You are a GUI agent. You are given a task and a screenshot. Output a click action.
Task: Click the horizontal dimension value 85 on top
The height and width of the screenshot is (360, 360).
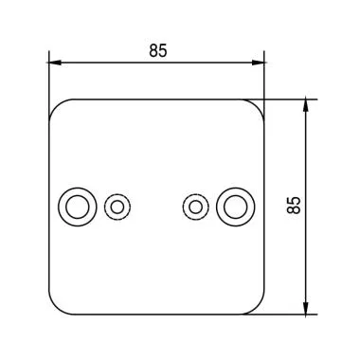(x=157, y=51)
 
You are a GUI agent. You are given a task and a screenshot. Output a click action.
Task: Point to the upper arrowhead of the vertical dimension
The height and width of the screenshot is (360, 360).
(x=305, y=103)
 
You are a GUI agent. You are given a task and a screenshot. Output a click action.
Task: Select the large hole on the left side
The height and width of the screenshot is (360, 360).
(x=78, y=206)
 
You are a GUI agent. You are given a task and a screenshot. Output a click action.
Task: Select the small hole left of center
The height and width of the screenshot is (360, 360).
(x=117, y=206)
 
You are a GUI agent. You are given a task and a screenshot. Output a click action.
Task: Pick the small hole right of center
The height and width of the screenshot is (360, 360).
(x=195, y=206)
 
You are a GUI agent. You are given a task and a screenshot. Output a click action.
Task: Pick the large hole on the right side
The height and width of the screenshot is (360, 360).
(x=235, y=206)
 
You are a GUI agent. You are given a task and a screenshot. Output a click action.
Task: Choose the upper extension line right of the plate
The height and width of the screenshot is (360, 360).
(x=284, y=98)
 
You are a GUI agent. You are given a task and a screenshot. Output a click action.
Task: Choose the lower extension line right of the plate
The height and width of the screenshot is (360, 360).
(x=284, y=315)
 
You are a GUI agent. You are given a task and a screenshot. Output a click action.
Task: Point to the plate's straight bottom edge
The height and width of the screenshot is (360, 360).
(x=156, y=315)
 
